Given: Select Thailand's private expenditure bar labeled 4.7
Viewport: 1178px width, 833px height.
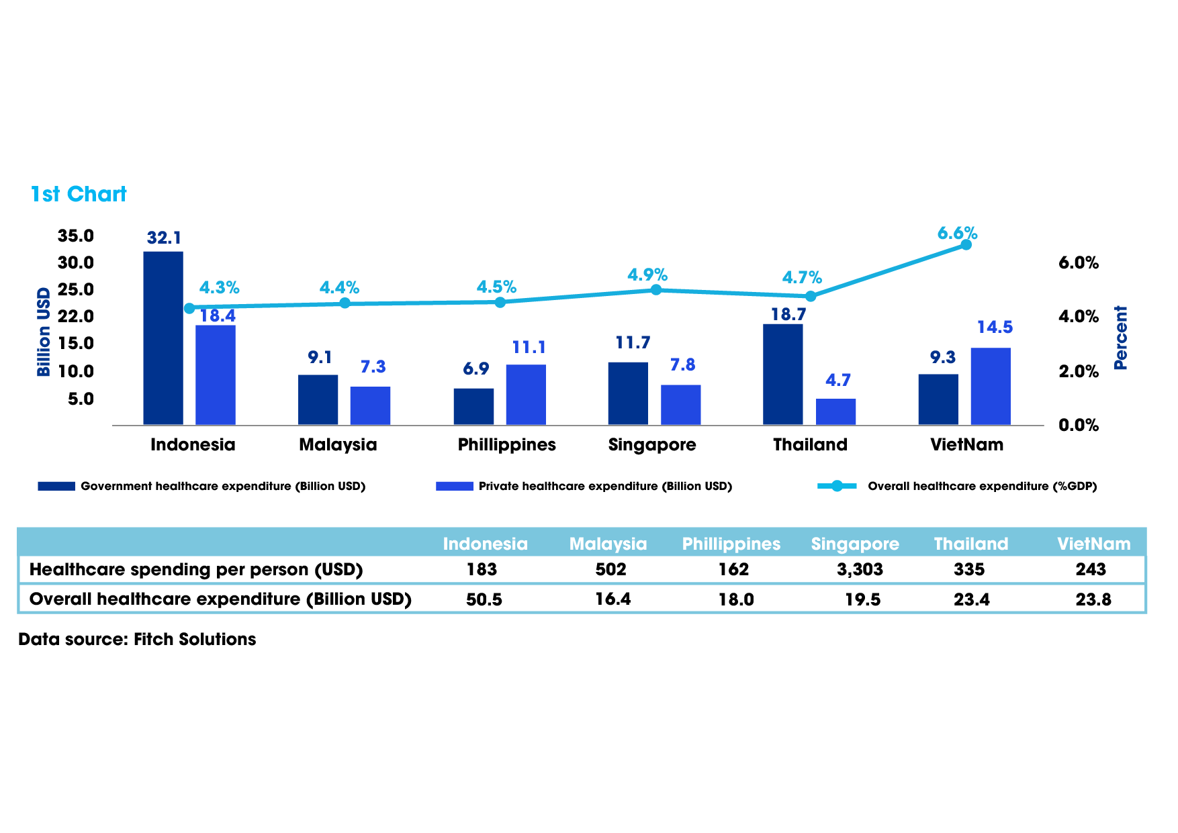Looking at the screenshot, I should click(x=835, y=411).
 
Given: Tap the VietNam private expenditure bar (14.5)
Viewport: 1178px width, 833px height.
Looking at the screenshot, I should click(x=991, y=386).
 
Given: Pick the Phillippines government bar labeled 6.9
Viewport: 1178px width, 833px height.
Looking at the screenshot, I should click(x=473, y=406).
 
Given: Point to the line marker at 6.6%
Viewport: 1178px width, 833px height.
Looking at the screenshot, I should click(x=966, y=244).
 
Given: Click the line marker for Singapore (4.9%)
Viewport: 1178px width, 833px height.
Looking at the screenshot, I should click(x=656, y=290).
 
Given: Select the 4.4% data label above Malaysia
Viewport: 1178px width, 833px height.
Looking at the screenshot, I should click(x=339, y=288).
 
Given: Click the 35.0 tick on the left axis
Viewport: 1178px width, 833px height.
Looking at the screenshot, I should click(x=76, y=236).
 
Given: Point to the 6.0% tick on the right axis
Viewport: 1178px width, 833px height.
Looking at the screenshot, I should click(x=1079, y=262).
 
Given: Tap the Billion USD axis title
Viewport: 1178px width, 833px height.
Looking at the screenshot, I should click(x=44, y=332).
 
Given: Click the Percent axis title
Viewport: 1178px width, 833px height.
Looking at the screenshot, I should click(x=1120, y=338).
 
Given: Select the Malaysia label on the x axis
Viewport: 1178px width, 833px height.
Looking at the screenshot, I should click(x=338, y=444).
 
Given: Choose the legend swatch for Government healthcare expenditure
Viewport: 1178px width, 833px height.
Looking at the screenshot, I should click(x=56, y=486).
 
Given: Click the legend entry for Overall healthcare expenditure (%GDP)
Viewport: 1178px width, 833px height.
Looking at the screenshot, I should click(x=982, y=486).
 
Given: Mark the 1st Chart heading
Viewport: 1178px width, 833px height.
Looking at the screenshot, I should click(x=79, y=194).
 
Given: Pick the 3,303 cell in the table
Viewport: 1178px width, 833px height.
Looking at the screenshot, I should click(x=860, y=569).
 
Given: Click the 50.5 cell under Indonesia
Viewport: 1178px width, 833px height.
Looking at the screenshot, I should click(x=484, y=599).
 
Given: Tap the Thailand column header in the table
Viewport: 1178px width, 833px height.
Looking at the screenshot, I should click(x=971, y=544).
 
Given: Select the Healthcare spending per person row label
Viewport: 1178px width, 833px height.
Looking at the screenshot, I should click(x=196, y=569).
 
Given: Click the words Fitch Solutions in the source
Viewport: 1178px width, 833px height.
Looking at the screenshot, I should click(x=195, y=639).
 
